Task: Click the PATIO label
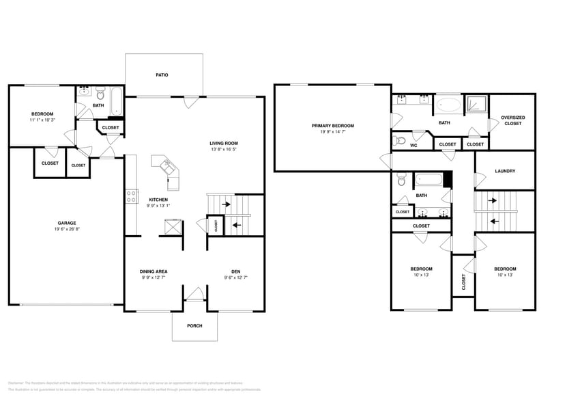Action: (162, 75)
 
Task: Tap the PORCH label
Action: (194, 325)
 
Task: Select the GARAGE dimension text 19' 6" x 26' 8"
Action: (66, 230)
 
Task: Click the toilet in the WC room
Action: (401, 141)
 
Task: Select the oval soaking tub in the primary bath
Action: (448, 105)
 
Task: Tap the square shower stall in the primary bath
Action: (476, 104)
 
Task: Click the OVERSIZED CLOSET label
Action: (512, 120)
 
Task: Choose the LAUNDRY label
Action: (504, 171)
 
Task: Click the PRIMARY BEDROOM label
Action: (332, 126)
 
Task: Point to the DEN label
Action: (235, 271)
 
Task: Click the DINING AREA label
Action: (154, 271)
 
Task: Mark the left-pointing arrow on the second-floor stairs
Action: (493, 222)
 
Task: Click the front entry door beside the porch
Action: (195, 295)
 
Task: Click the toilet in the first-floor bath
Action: (100, 93)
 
